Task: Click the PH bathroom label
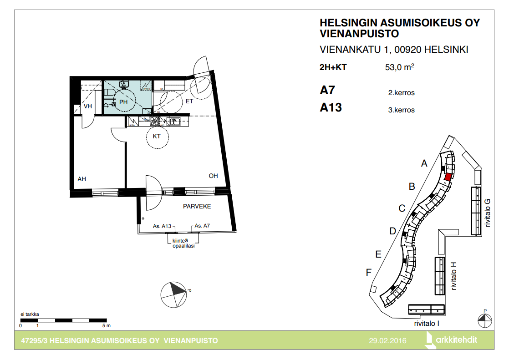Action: coord(123,102)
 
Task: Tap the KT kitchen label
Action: coord(157,137)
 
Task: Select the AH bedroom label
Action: coord(82,179)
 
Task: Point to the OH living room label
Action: coord(213,176)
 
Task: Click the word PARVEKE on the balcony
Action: coord(197,207)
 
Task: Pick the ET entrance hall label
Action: coord(189,101)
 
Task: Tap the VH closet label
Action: coord(88,106)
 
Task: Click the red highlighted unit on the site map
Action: coord(448,177)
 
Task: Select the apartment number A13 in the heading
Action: coord(331,107)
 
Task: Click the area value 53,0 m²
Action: coord(400,67)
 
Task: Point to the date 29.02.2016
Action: coord(387,340)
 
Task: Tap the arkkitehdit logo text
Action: coord(456,340)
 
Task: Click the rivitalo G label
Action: coord(487,213)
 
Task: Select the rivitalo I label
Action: coord(427,323)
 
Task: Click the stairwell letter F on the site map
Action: coord(369,272)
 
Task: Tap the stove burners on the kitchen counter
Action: coord(154,121)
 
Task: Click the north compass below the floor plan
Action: coord(174,295)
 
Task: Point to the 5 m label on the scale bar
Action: coord(107,325)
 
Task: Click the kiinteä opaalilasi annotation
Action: coord(183,243)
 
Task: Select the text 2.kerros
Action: coord(401,93)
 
